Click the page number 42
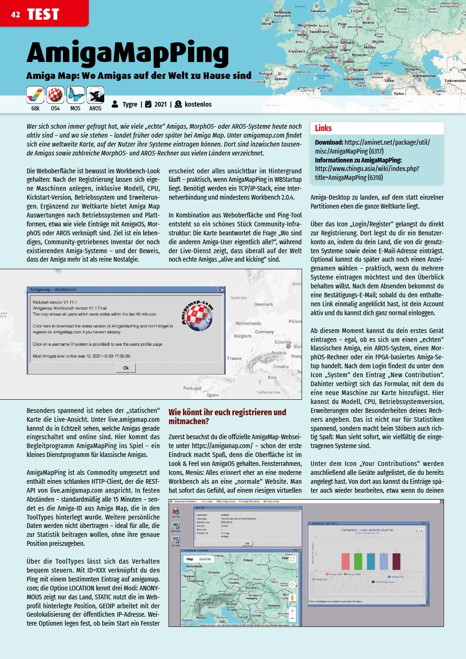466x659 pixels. [x=16, y=15]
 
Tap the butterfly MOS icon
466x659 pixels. [x=75, y=95]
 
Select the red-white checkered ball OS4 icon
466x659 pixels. [x=55, y=95]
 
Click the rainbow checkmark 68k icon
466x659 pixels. [x=35, y=95]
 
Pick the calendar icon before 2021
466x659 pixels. [x=148, y=104]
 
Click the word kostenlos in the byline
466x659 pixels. [x=198, y=104]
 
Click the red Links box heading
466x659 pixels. [x=323, y=128]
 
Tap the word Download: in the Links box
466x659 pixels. [x=329, y=142]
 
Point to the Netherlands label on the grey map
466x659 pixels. [x=248, y=323]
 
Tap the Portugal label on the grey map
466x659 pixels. [x=192, y=388]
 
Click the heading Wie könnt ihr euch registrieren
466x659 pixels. [x=227, y=412]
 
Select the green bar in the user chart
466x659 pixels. [x=358, y=561]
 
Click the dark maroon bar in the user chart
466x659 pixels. [x=396, y=561]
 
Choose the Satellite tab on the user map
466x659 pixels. [x=205, y=559]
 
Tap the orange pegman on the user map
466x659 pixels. [x=292, y=598]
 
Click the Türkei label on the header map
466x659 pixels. [x=389, y=81]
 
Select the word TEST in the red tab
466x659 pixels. [x=43, y=15]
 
